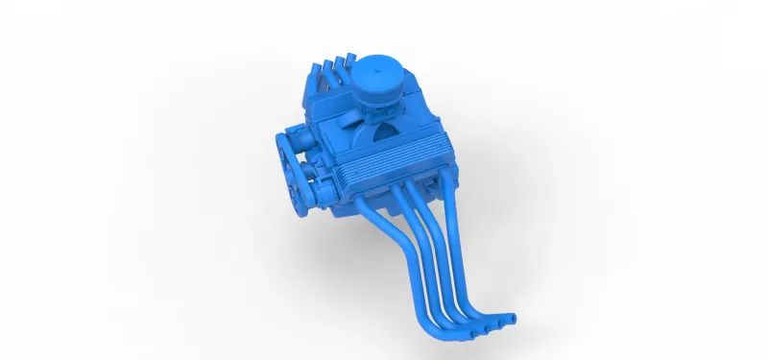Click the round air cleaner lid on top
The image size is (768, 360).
tap(377, 72)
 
